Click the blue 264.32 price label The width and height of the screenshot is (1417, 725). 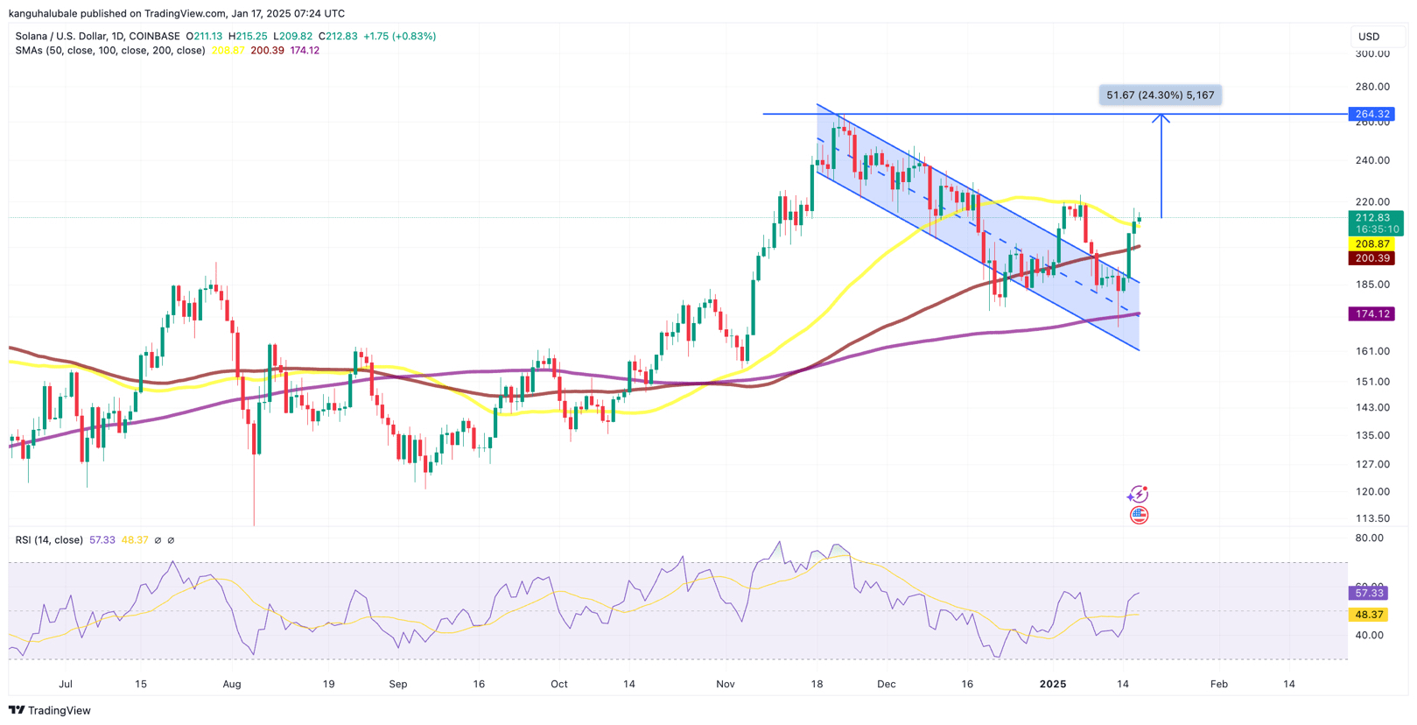1371,114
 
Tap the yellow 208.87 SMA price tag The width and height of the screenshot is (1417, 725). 1371,244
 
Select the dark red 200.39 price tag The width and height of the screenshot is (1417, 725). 1371,258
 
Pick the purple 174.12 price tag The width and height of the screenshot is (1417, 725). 1371,313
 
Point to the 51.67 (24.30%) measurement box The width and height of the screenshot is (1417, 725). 1160,95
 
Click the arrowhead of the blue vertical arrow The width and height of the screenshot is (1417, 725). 1161,117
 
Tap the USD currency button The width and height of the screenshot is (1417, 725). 1368,37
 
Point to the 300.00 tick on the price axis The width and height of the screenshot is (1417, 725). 1371,53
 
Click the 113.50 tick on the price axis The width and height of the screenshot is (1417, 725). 1371,518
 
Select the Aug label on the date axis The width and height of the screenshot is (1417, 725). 232,684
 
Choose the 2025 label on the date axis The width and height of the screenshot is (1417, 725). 1053,684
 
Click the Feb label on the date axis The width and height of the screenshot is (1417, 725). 1218,684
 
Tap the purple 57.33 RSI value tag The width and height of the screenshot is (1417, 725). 1369,593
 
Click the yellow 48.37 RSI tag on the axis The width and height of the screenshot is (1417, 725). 1369,615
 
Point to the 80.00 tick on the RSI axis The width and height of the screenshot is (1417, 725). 1369,538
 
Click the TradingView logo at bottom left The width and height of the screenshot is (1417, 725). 50,710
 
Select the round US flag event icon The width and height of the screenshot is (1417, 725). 1139,515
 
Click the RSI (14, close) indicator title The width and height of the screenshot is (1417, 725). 49,540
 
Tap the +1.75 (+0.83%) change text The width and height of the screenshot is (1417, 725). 399,36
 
